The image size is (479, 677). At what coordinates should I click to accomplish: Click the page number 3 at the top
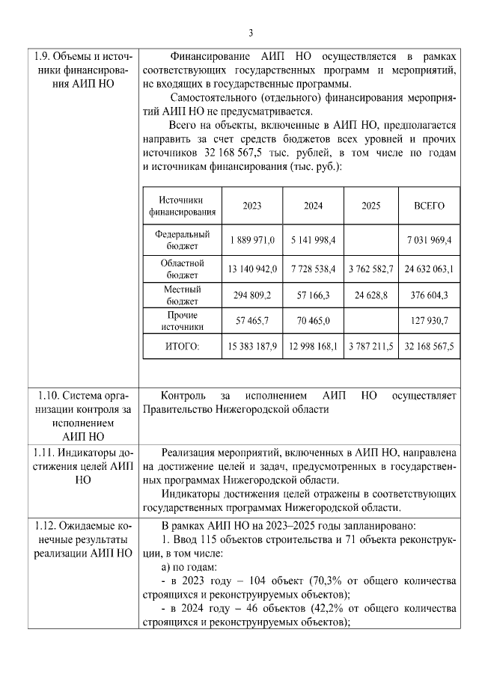pos(251,32)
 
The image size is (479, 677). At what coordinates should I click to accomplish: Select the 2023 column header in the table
pos(252,206)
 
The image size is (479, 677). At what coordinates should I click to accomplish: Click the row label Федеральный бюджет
pos(183,239)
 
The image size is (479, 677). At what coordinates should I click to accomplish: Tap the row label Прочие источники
pos(183,321)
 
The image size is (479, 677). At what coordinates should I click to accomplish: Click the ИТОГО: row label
pos(183,346)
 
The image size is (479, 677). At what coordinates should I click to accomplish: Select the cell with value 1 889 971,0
pos(252,239)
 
